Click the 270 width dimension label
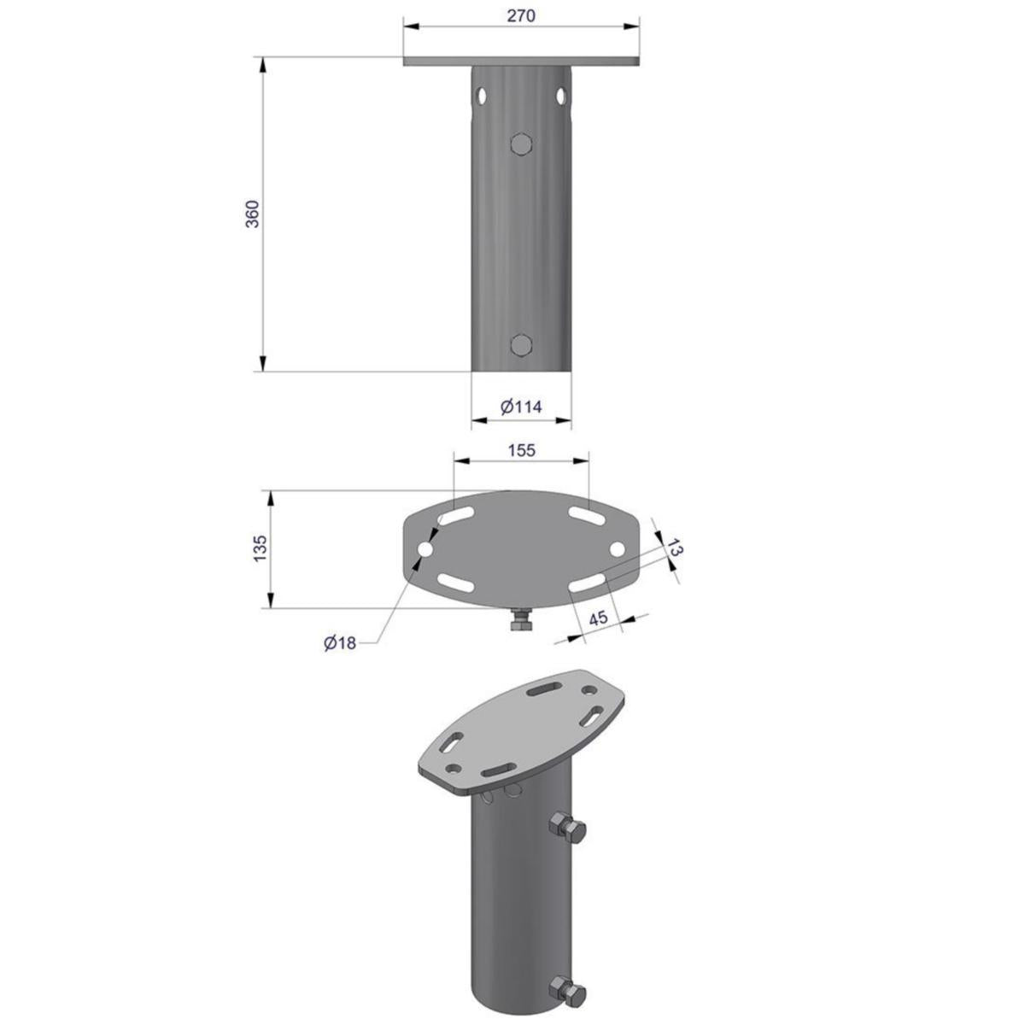coord(521,16)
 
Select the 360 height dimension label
coord(252,214)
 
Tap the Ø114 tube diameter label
coord(521,407)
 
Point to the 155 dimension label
coord(521,450)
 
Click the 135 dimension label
coord(261,549)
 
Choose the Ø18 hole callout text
coord(340,643)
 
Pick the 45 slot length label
coord(599,618)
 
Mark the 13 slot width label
coord(674,548)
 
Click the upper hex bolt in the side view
coord(521,143)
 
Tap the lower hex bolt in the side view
coord(521,345)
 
